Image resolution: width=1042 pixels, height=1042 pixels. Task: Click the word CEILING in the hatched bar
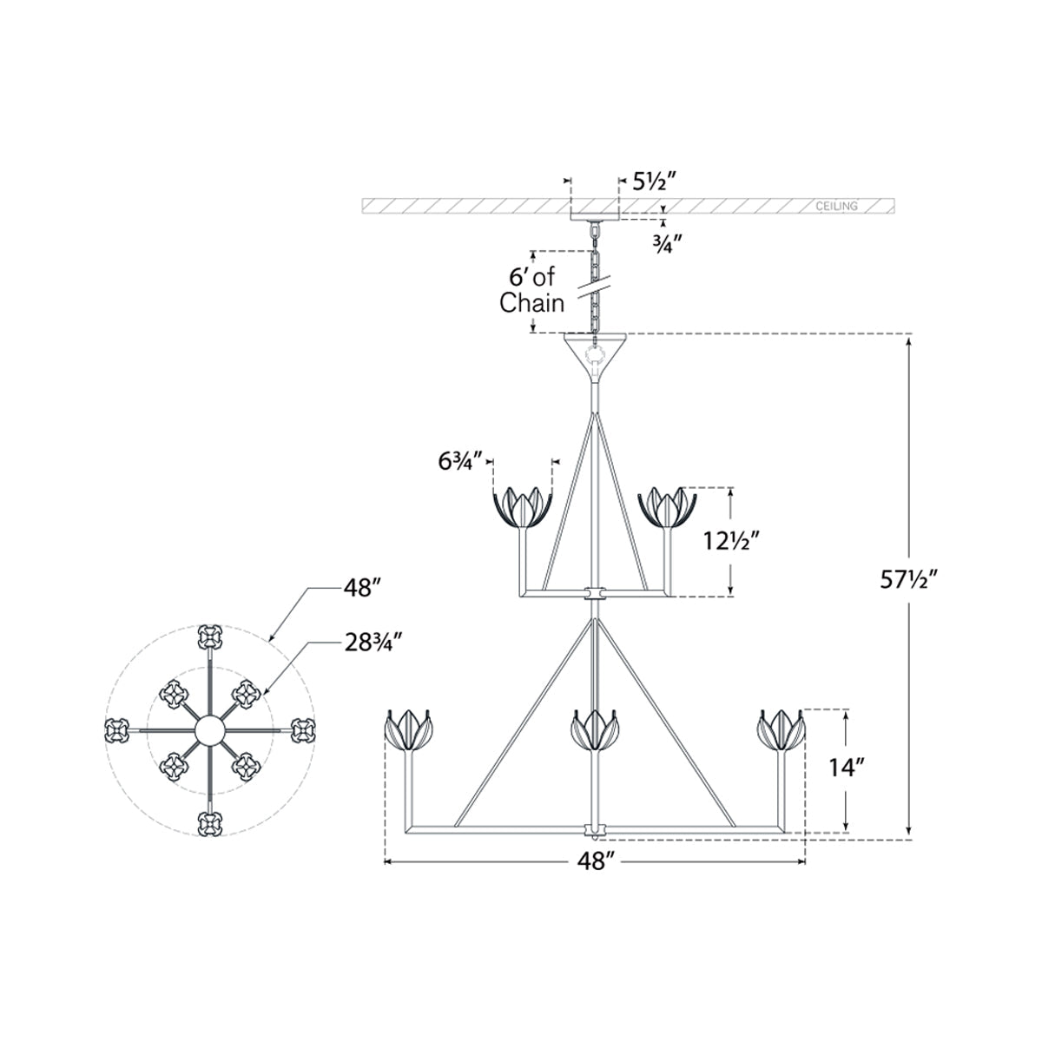(836, 206)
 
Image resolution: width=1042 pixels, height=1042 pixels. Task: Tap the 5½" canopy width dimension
(656, 182)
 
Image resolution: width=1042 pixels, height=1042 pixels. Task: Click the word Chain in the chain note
(531, 303)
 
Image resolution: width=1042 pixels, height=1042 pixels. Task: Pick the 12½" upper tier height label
(732, 540)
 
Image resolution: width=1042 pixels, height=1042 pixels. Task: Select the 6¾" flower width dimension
(459, 462)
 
